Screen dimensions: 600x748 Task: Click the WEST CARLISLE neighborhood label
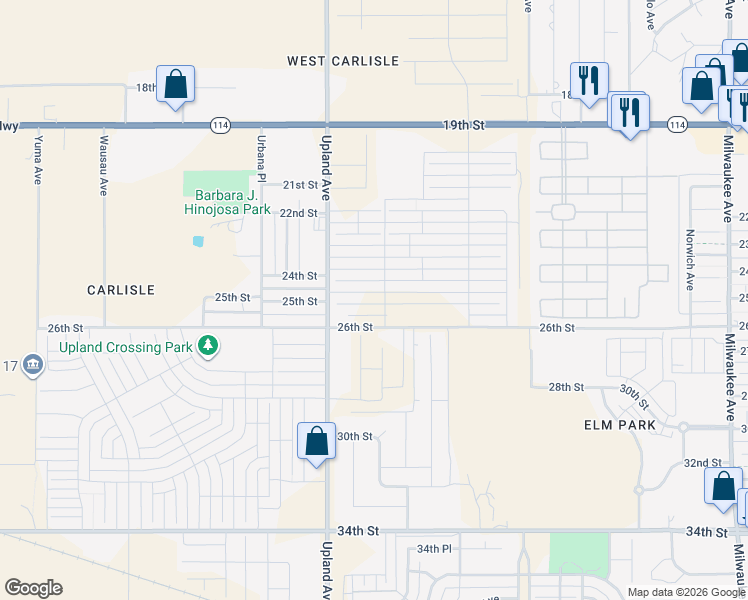coord(343,61)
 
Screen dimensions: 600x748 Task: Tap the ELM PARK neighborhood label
coord(619,425)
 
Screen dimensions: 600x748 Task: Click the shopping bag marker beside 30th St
coord(316,441)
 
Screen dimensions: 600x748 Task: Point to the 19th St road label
coord(464,125)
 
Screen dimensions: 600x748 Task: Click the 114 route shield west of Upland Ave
coord(220,125)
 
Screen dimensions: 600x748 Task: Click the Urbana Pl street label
coord(261,157)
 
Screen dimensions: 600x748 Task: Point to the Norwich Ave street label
coord(689,261)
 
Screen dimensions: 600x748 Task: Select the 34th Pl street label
coord(435,549)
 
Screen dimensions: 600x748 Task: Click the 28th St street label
coord(565,387)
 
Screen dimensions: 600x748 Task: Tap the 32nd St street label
coord(703,463)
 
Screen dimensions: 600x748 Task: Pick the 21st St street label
coord(299,185)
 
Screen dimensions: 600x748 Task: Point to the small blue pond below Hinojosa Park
coord(198,241)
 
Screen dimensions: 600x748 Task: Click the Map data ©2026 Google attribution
coord(686,592)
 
